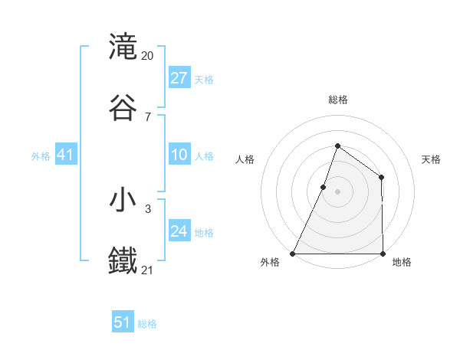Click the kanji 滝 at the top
[x=123, y=47]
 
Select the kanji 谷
[x=123, y=108]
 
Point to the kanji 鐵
[x=123, y=261]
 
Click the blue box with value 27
[x=179, y=78]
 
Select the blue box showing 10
[x=179, y=155]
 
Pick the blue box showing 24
[x=179, y=231]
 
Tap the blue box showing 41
[x=66, y=155]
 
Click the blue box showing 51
[x=123, y=322]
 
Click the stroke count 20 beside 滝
[x=148, y=56]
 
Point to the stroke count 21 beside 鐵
[x=148, y=270]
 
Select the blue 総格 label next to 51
[x=147, y=324]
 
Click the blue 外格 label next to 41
[x=41, y=156]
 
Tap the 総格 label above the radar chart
[x=337, y=100]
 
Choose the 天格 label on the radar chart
[x=431, y=159]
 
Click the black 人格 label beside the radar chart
[x=245, y=159]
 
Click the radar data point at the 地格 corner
[x=383, y=254]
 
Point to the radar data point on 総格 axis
[x=337, y=146]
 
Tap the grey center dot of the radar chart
[x=337, y=191]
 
